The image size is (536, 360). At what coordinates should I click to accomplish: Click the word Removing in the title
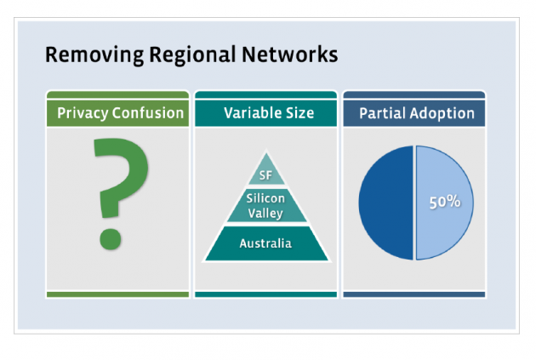point(83,55)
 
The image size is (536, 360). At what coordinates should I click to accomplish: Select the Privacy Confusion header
point(120,112)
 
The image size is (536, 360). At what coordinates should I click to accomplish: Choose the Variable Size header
point(268,112)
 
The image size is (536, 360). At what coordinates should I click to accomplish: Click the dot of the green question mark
point(111,238)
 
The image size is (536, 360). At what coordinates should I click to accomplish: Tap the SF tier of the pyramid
point(266,175)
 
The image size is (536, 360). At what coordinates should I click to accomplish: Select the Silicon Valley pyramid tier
point(266,206)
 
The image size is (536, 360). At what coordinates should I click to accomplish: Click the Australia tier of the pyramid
point(265,243)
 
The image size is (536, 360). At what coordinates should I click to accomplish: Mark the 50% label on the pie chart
point(444,203)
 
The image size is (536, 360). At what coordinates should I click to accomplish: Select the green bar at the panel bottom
point(117,294)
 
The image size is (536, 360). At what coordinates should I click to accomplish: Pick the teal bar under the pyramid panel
point(266,294)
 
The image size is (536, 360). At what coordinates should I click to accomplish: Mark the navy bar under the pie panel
point(414,294)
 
